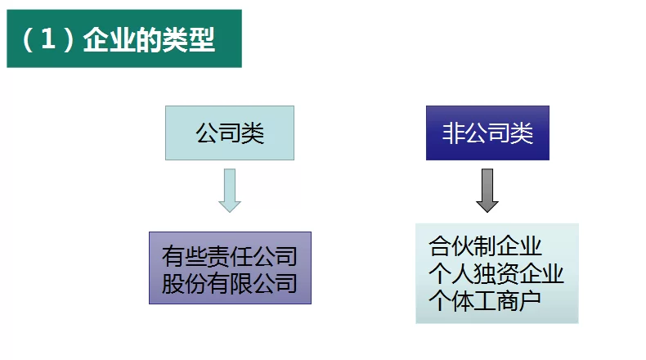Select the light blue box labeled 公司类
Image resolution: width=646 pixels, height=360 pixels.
pyautogui.click(x=230, y=133)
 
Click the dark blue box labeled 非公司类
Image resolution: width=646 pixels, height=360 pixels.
pyautogui.click(x=487, y=133)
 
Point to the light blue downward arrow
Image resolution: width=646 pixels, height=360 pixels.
pyautogui.click(x=230, y=190)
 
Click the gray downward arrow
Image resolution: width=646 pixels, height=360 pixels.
pyautogui.click(x=487, y=190)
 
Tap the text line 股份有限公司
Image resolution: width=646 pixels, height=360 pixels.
pyautogui.click(x=230, y=283)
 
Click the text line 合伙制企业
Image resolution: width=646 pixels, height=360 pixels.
pyautogui.click(x=485, y=245)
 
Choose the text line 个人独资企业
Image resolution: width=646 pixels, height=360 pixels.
pyautogui.click(x=496, y=272)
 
